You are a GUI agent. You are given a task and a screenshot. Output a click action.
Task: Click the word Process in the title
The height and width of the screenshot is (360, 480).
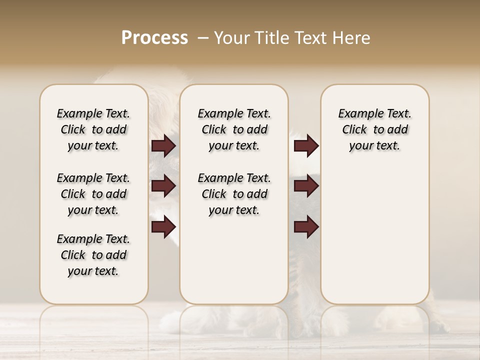click(x=154, y=38)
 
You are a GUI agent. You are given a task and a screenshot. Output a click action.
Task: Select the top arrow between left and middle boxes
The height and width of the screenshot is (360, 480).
click(x=163, y=146)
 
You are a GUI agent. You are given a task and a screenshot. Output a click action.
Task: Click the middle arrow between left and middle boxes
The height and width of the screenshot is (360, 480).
click(x=163, y=186)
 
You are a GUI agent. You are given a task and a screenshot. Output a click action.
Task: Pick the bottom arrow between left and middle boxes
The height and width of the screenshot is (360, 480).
click(x=163, y=227)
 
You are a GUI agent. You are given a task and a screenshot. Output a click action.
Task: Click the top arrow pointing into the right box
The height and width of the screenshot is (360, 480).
click(x=306, y=146)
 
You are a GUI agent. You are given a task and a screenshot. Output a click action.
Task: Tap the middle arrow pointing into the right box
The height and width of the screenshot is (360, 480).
click(x=306, y=186)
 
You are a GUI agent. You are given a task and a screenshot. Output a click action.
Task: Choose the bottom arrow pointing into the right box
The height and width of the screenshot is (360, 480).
click(x=306, y=227)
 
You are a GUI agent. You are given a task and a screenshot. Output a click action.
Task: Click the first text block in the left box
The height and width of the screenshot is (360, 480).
click(x=93, y=129)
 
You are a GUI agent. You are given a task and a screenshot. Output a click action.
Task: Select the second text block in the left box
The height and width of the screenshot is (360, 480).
click(x=93, y=194)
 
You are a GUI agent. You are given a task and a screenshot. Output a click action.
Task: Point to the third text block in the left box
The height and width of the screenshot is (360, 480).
click(x=93, y=255)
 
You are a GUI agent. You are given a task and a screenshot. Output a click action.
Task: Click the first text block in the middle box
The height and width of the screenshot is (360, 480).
click(x=234, y=129)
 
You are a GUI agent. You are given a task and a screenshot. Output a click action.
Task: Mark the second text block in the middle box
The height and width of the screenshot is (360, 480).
click(x=234, y=194)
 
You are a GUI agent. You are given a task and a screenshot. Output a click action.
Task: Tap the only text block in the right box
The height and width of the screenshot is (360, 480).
click(x=375, y=129)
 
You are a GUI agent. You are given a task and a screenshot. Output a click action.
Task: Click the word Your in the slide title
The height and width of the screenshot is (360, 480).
click(x=231, y=38)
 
